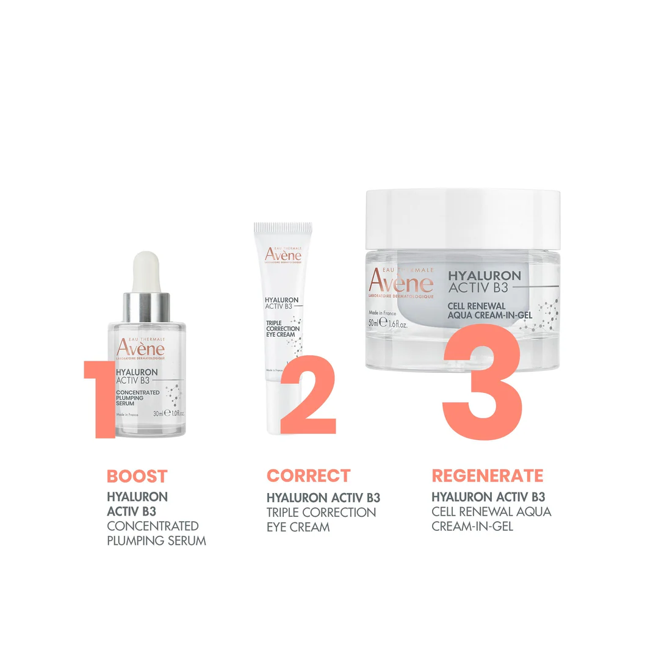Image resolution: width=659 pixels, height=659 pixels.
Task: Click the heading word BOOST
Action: click(x=137, y=477)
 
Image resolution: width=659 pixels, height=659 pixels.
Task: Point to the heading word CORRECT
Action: click(x=308, y=475)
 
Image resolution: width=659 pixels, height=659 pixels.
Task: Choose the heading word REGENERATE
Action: click(x=487, y=475)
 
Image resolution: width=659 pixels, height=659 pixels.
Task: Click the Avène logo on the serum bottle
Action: click(x=141, y=348)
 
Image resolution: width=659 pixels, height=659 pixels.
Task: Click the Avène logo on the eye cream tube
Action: click(x=283, y=255)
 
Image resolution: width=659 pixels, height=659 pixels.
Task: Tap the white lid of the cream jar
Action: click(x=462, y=211)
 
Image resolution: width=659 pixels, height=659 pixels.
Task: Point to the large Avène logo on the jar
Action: click(x=401, y=283)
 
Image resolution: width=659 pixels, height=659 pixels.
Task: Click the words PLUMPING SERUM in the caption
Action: click(x=156, y=541)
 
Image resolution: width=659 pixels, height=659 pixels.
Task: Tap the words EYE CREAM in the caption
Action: click(x=298, y=527)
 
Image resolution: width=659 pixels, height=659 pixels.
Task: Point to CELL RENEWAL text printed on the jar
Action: click(x=477, y=305)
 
